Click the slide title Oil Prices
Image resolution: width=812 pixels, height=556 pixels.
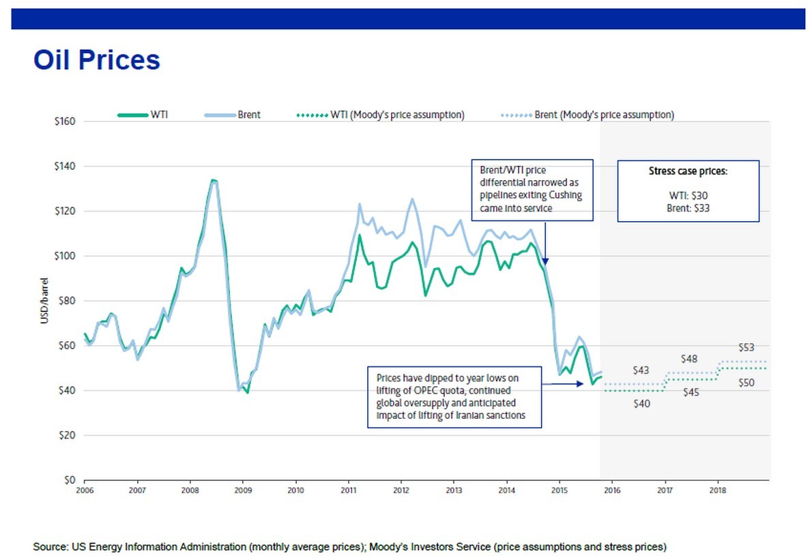tap(96, 60)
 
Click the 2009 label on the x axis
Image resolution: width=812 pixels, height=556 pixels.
tap(242, 490)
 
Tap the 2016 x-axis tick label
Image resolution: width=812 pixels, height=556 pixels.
tap(611, 490)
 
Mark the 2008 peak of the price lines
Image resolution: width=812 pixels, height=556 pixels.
tap(214, 180)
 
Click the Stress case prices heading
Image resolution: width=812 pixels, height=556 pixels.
tap(688, 172)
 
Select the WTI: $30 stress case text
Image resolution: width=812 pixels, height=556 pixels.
tap(688, 195)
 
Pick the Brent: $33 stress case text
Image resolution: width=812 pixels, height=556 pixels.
tap(688, 208)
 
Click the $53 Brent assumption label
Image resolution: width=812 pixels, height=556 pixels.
tap(746, 347)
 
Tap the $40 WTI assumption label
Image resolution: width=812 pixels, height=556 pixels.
tap(642, 404)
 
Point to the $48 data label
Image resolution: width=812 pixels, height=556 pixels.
tap(689, 359)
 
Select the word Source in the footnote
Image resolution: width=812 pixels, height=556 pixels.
tap(50, 546)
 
